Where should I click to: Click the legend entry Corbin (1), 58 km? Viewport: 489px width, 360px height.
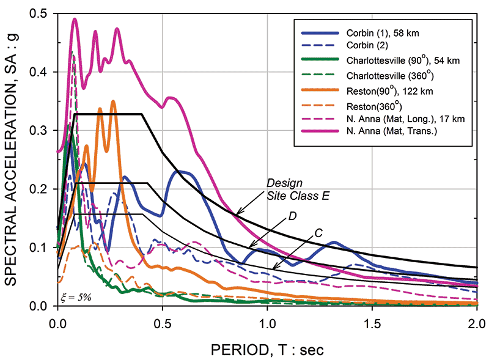tap(383, 33)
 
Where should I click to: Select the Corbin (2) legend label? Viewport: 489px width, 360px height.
tap(367, 45)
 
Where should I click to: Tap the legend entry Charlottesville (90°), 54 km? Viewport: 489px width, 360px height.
tap(403, 60)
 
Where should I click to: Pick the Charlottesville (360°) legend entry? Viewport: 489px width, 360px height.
tap(390, 75)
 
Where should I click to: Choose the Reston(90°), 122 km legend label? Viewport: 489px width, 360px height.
tap(389, 91)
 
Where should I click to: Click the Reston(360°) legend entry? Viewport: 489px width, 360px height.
tap(374, 106)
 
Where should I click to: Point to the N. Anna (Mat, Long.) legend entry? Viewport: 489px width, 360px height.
tap(405, 119)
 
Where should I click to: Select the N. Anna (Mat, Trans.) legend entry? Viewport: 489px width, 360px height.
tap(392, 131)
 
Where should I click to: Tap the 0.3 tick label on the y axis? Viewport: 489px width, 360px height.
tap(38, 130)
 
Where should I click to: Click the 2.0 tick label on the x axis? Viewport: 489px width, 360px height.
tap(477, 323)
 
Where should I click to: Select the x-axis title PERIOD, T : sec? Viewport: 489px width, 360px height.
tap(267, 350)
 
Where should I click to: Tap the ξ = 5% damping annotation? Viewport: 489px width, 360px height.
tap(76, 298)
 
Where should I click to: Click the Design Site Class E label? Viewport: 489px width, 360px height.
tap(298, 189)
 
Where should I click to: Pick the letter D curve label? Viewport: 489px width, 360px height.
tap(292, 216)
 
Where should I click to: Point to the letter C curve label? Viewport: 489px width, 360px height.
tap(318, 233)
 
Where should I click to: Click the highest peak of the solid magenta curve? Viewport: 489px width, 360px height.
tap(75, 20)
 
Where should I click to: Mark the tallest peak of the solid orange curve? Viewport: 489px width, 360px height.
tap(113, 101)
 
